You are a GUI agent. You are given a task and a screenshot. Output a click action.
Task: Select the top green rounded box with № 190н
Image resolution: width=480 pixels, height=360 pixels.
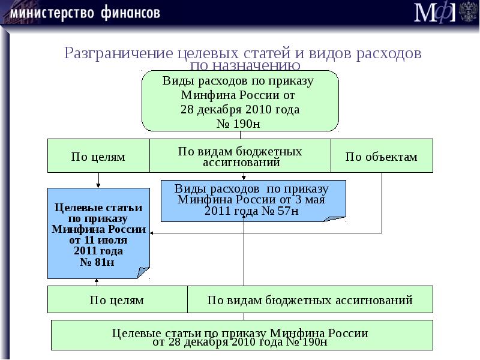[x=240, y=101]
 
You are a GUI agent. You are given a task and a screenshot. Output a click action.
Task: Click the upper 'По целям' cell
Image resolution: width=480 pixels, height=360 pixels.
[x=98, y=157]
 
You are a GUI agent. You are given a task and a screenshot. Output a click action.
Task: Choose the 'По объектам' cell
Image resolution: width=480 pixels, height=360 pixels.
[x=381, y=157]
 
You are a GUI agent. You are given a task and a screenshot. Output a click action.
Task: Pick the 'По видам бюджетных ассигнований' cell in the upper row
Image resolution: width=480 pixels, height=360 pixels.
[x=240, y=156]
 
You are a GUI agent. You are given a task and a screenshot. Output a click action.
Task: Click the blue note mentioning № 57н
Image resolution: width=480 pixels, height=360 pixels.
[x=252, y=200]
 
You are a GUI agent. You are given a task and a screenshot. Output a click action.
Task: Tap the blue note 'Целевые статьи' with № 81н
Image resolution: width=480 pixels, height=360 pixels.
[x=98, y=233]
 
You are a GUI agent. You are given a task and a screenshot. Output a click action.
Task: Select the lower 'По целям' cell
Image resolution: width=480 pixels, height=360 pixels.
[x=117, y=299]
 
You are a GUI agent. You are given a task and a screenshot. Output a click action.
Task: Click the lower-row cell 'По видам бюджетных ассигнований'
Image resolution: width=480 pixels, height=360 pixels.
[x=310, y=299]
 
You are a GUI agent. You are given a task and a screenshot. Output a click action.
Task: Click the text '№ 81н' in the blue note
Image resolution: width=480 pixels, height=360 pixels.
[x=97, y=262]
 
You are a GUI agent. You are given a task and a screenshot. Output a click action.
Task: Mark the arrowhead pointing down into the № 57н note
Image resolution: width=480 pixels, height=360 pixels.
[x=244, y=178]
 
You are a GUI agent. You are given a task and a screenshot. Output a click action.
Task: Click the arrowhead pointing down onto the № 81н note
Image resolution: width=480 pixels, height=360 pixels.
[x=98, y=185]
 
